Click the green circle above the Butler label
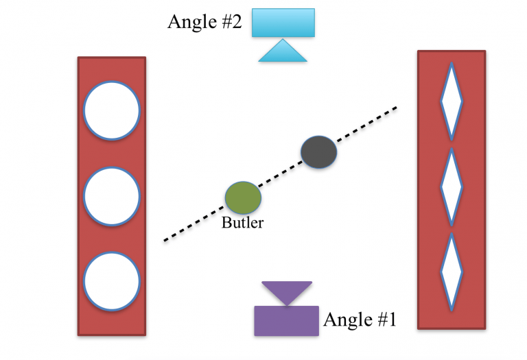243,197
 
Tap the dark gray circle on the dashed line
319,152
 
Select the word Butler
242,223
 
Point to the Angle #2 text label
205,22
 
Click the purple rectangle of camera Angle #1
286,320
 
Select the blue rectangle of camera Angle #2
283,23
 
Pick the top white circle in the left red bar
112,110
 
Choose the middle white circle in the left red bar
112,196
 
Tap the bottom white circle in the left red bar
112,281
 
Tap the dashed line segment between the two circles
281,174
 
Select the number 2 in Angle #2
236,22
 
